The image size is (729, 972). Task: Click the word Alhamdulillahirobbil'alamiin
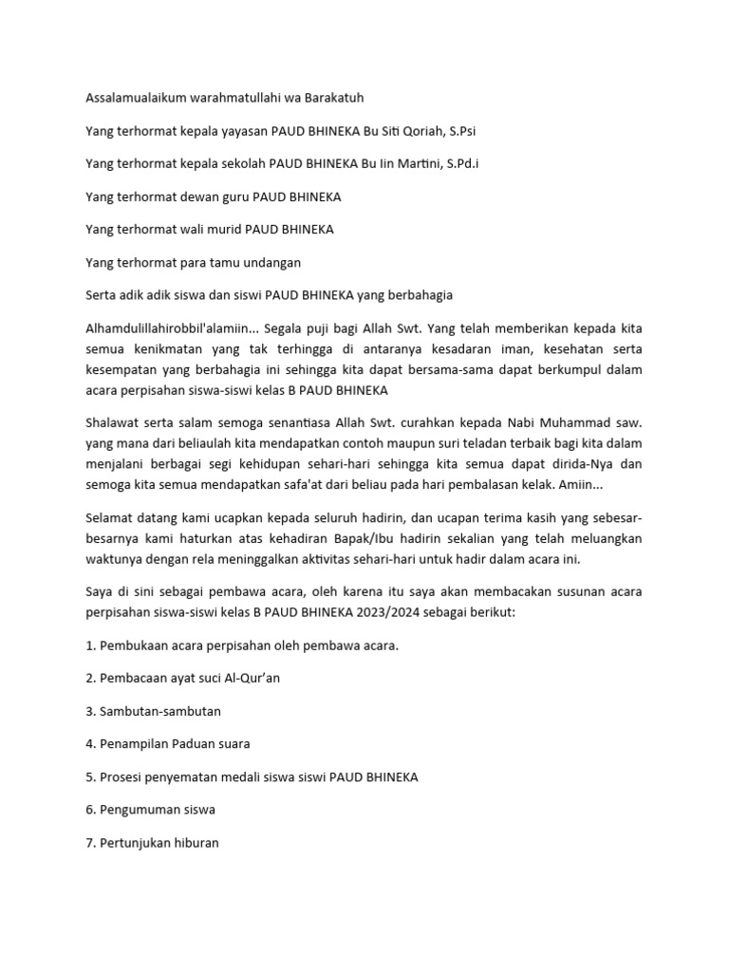[166, 327]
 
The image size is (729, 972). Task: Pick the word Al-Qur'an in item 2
[252, 678]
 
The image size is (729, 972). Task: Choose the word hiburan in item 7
[195, 842]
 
